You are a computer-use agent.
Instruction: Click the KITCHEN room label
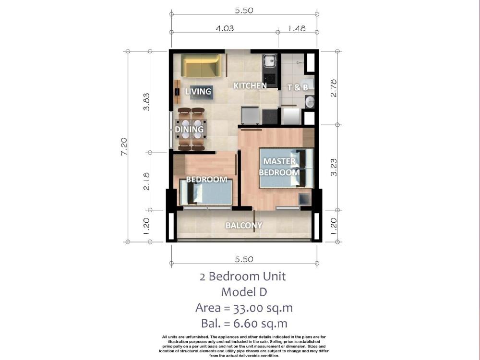pos(250,86)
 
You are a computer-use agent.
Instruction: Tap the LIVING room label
pos(198,91)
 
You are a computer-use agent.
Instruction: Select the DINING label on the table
pos(189,129)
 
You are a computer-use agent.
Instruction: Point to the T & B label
pos(298,87)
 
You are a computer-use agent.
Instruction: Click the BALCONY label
pos(244,225)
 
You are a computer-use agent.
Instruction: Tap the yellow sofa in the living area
pos(201,65)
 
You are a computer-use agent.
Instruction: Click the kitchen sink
pos(270,60)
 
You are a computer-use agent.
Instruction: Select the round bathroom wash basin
pos(310,102)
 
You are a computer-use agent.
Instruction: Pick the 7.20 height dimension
pos(124,146)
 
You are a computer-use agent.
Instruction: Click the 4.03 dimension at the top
pos(225,28)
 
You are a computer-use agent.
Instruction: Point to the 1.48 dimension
pos(297,28)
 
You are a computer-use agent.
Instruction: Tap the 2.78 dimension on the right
pos(334,88)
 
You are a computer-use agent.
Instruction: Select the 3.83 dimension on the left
pos(146,102)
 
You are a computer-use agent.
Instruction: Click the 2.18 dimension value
pos(146,181)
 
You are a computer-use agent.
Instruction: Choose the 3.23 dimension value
pos(334,167)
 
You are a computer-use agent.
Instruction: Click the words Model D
pos(244,292)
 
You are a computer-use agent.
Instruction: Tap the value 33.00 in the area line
pos(249,308)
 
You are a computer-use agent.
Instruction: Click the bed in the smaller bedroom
pos(206,192)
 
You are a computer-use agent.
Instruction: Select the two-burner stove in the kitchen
pos(270,79)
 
